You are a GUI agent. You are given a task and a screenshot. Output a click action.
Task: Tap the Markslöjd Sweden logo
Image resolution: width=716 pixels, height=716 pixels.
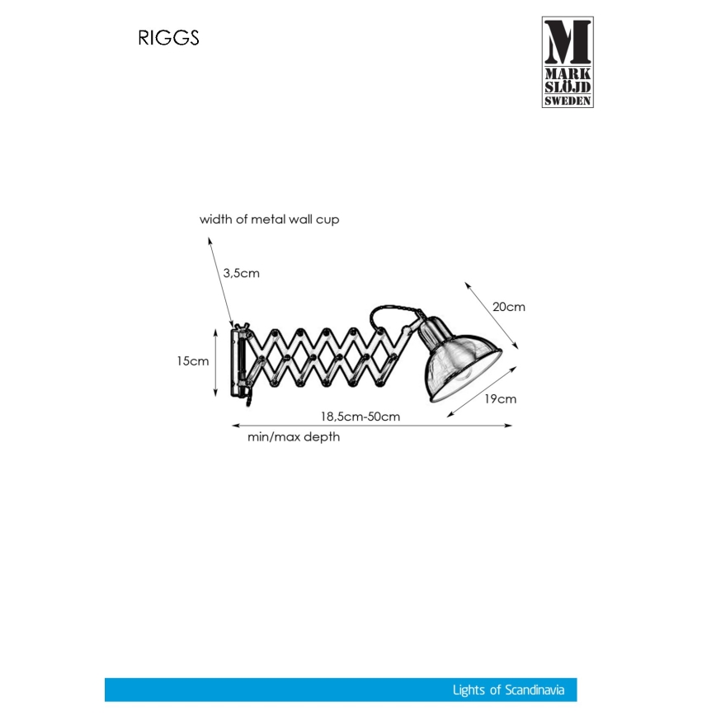pyautogui.click(x=568, y=62)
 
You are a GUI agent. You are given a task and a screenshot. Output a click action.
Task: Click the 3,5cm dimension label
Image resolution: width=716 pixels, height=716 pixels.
pyautogui.click(x=241, y=273)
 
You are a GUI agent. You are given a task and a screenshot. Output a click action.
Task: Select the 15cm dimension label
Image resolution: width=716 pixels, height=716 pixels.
pyautogui.click(x=192, y=361)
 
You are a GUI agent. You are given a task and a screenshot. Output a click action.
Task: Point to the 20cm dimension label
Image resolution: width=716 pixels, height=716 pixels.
pyautogui.click(x=508, y=306)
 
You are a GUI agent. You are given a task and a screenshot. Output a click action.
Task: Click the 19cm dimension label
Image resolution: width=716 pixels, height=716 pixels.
pyautogui.click(x=500, y=399)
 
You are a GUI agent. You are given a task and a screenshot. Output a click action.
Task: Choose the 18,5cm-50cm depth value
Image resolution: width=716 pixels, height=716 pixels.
pyautogui.click(x=360, y=416)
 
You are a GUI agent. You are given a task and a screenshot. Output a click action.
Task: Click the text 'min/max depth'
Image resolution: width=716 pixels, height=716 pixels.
pyautogui.click(x=294, y=437)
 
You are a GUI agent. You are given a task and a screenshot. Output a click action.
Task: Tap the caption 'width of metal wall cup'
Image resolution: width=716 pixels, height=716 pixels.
pyautogui.click(x=269, y=219)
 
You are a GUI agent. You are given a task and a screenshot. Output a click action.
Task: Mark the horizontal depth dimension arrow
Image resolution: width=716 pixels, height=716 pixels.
pyautogui.click(x=371, y=426)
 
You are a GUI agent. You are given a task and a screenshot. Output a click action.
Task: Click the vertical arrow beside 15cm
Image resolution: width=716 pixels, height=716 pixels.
pyautogui.click(x=216, y=360)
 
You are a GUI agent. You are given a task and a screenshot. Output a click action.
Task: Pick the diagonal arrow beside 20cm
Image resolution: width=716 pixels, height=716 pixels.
pyautogui.click(x=492, y=315)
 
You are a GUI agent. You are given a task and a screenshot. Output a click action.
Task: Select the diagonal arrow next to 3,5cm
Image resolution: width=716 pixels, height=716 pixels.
pyautogui.click(x=219, y=280)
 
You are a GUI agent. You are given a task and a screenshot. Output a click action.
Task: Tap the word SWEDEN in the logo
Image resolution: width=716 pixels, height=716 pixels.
pyautogui.click(x=568, y=100)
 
